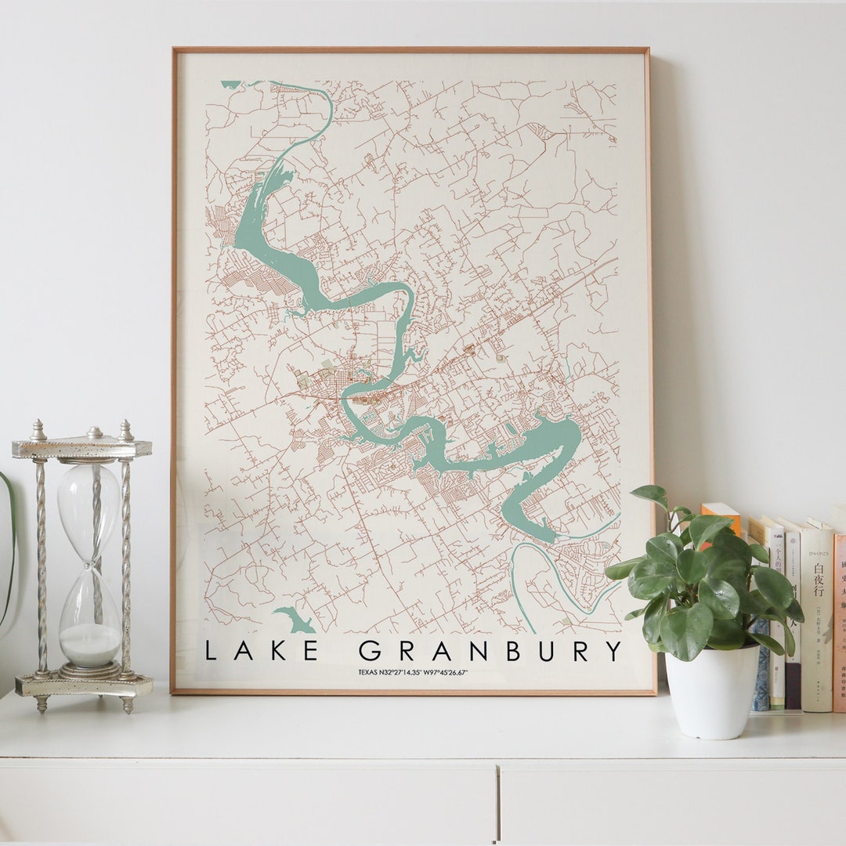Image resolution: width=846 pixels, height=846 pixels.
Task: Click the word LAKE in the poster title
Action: tap(261, 650)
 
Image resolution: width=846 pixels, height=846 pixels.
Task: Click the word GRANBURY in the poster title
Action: tap(490, 650)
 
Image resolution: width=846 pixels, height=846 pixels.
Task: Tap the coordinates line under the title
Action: tap(413, 672)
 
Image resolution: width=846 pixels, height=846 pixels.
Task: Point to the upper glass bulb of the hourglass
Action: tap(89, 501)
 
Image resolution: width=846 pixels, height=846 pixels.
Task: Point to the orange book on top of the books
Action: tap(721, 513)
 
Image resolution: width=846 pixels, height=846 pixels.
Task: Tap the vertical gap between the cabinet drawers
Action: tap(497, 803)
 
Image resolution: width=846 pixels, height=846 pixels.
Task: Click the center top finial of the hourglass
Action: tap(94, 432)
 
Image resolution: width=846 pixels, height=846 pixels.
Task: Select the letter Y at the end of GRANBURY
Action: tap(613, 650)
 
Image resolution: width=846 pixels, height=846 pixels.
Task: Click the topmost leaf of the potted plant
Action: tap(650, 494)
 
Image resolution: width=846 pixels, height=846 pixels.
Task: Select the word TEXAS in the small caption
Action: tap(367, 672)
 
